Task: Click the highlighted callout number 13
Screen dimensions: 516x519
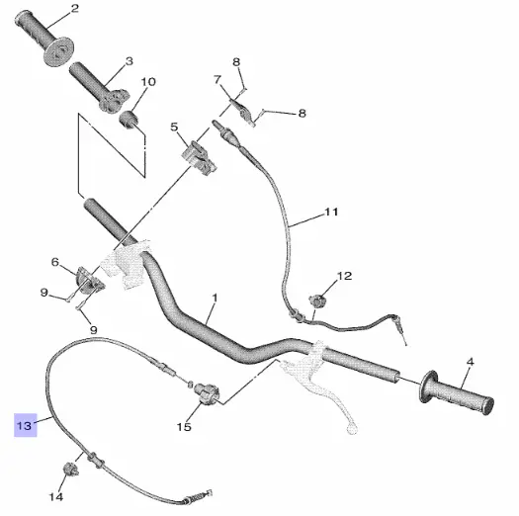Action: click(x=23, y=426)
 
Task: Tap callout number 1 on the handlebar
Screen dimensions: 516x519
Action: click(x=213, y=299)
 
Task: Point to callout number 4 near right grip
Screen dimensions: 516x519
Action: click(x=470, y=363)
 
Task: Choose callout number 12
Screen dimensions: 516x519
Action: click(x=344, y=277)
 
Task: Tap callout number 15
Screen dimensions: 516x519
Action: click(x=183, y=427)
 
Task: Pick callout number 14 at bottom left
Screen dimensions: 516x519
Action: click(x=56, y=496)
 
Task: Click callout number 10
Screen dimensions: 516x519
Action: click(x=148, y=82)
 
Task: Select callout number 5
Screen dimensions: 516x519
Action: click(x=174, y=128)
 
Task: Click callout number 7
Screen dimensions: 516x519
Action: click(x=217, y=79)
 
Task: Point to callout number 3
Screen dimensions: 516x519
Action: click(x=129, y=61)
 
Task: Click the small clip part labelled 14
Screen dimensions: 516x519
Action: click(x=72, y=468)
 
